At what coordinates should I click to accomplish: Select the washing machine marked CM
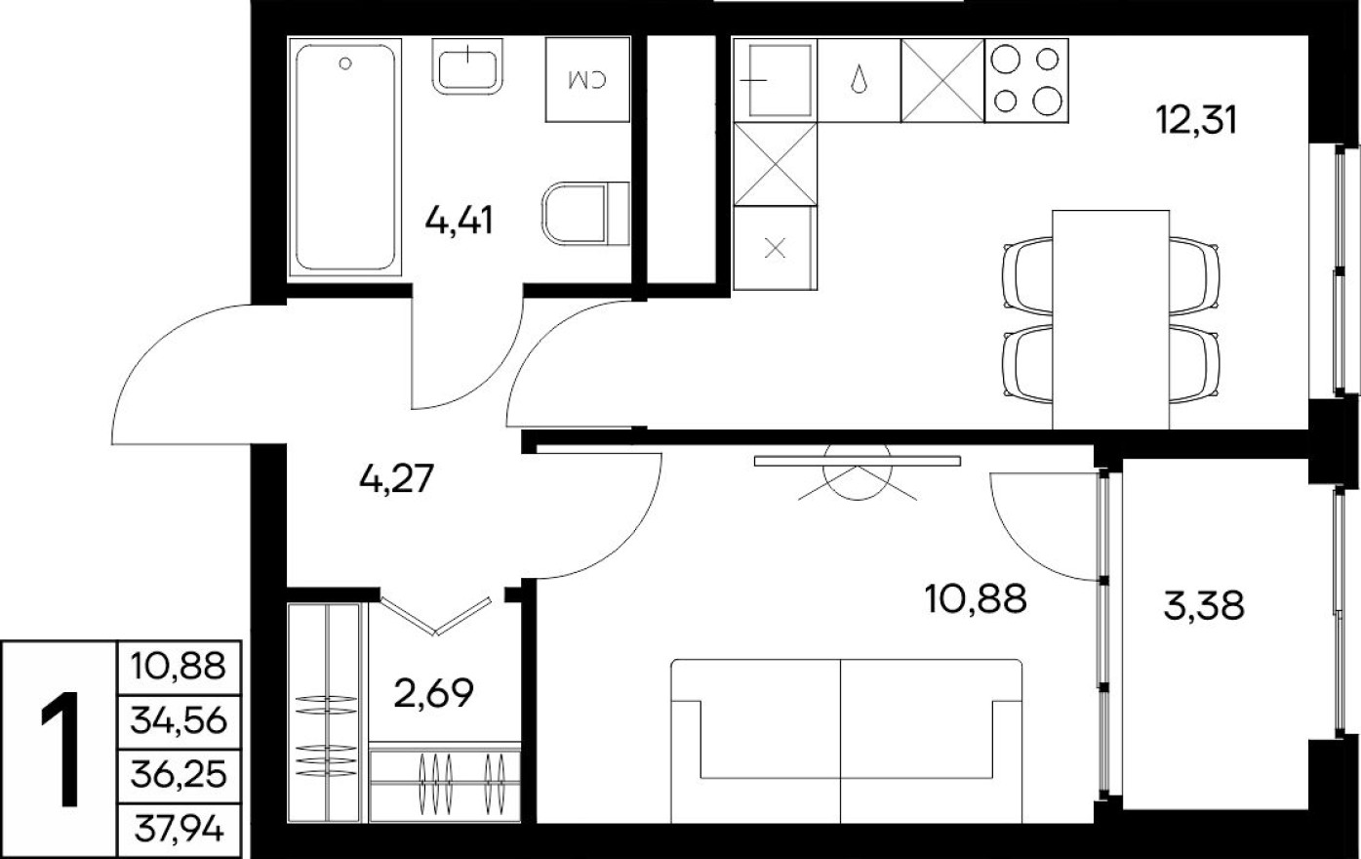pyautogui.click(x=585, y=79)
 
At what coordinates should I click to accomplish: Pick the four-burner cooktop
pyautogui.click(x=1026, y=80)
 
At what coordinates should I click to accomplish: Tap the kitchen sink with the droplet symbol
pyautogui.click(x=859, y=80)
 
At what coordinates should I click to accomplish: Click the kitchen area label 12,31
pyautogui.click(x=1195, y=121)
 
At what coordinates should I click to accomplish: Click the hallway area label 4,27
pyautogui.click(x=395, y=479)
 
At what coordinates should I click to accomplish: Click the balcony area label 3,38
pyautogui.click(x=1204, y=606)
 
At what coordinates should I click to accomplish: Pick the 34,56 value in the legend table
pyautogui.click(x=178, y=721)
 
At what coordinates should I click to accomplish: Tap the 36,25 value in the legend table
pyautogui.click(x=178, y=775)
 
